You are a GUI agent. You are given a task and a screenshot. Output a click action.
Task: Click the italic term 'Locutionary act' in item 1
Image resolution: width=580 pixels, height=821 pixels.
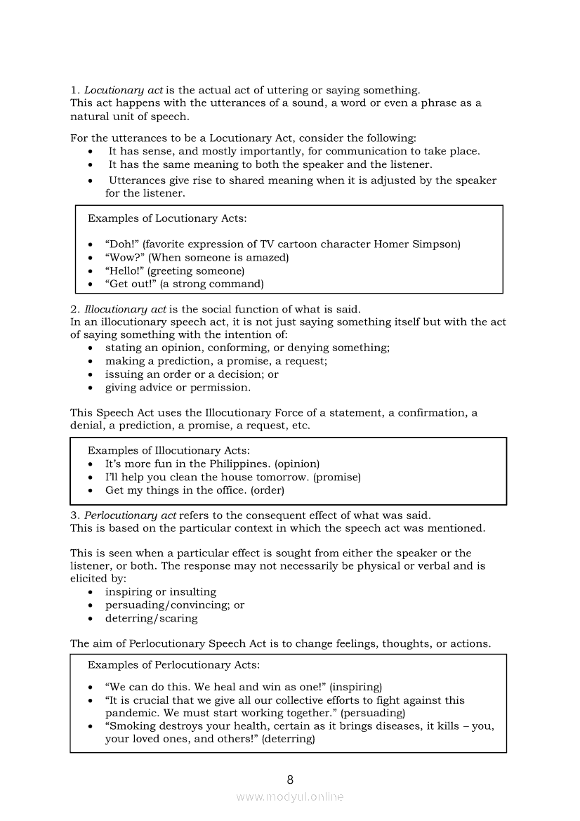click(x=124, y=90)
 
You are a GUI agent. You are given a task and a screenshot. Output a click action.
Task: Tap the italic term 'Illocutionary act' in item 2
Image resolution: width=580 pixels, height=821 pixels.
click(x=125, y=309)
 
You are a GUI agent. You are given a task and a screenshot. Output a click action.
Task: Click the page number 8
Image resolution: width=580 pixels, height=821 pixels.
click(x=290, y=780)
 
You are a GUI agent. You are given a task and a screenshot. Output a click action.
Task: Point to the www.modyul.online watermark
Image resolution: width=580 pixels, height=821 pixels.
click(x=290, y=797)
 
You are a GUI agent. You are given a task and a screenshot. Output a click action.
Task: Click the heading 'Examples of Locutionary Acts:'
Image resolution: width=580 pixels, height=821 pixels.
click(x=167, y=218)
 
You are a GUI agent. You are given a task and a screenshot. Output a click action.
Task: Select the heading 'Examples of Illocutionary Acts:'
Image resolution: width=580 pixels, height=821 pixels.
click(x=169, y=451)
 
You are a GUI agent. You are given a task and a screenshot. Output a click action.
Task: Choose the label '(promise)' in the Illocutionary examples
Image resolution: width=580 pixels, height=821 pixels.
click(x=337, y=478)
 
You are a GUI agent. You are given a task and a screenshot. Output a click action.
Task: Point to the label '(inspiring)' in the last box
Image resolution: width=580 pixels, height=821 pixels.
click(x=355, y=687)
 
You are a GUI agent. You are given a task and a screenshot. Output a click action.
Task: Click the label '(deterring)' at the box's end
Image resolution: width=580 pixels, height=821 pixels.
click(x=289, y=739)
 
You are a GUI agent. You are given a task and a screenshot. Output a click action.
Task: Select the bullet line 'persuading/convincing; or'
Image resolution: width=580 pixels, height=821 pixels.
click(x=175, y=605)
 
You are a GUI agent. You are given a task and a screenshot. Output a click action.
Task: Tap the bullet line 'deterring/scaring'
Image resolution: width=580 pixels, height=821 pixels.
click(x=152, y=619)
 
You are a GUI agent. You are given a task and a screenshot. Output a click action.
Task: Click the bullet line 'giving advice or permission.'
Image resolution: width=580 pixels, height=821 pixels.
click(x=178, y=388)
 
